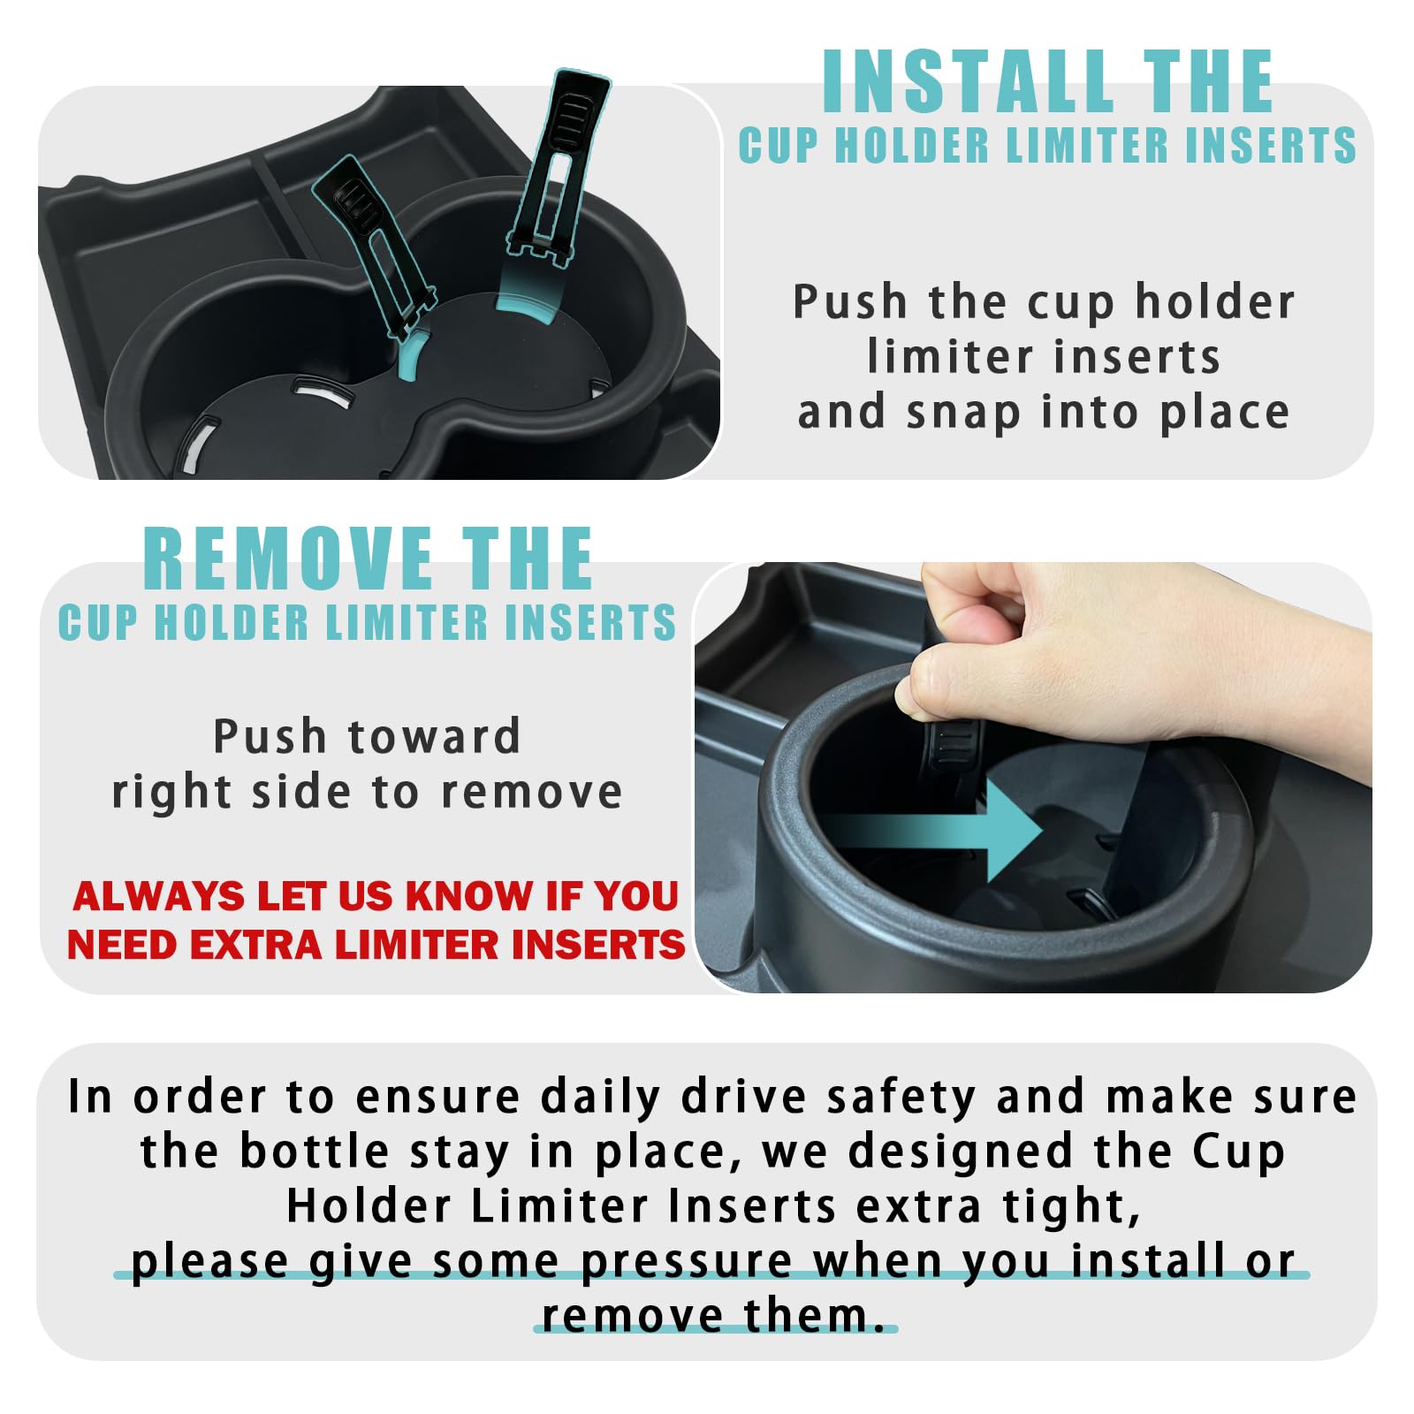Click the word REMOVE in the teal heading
click(287, 559)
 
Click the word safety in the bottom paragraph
click(900, 1097)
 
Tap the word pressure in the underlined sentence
click(687, 1261)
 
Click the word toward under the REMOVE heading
click(434, 737)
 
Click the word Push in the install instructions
click(849, 302)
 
